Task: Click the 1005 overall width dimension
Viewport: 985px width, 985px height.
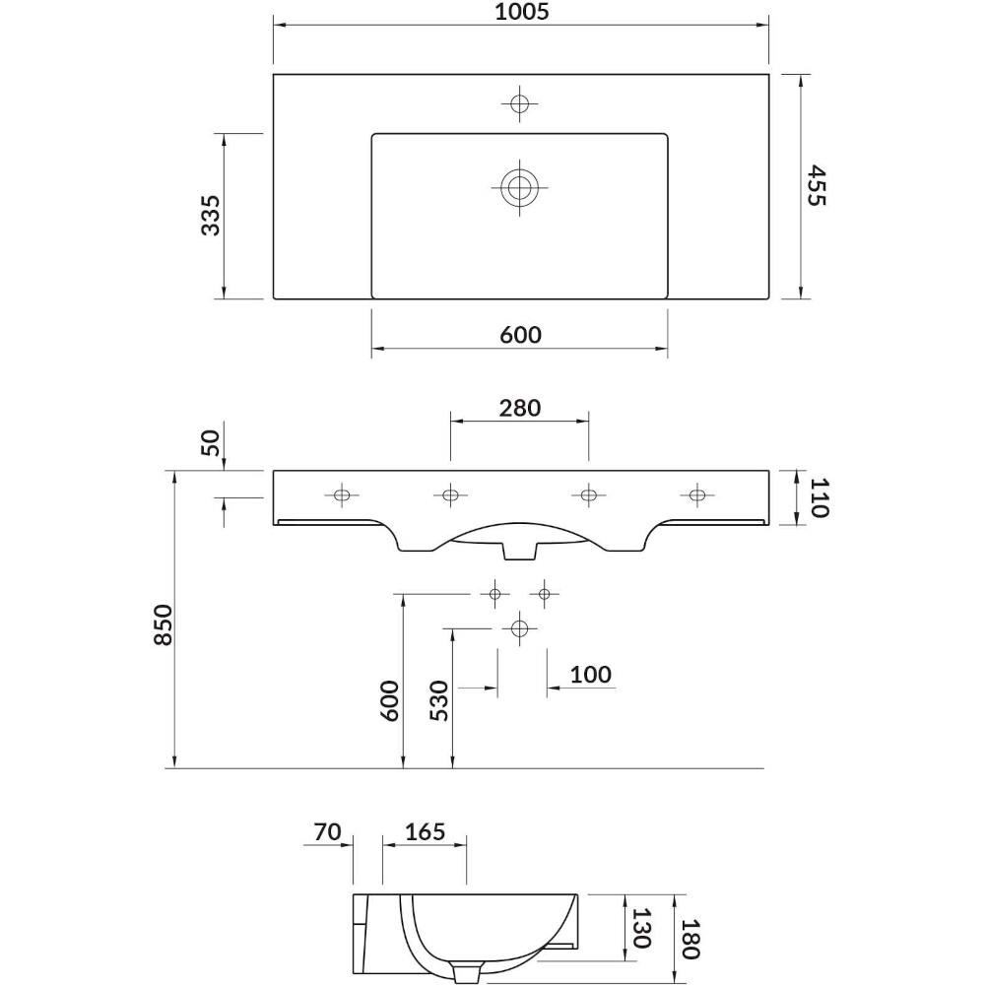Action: click(x=521, y=11)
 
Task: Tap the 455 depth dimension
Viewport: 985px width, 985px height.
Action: click(x=816, y=185)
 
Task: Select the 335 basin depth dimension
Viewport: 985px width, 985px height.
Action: click(x=211, y=216)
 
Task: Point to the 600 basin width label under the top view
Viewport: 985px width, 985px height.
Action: click(x=521, y=335)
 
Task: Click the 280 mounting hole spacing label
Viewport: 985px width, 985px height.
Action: click(x=520, y=409)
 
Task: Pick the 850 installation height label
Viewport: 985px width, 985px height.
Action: click(x=163, y=624)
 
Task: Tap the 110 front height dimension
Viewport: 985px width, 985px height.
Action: click(x=820, y=497)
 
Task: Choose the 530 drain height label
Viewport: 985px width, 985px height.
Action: click(x=439, y=700)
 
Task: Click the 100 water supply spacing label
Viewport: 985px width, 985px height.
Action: click(x=590, y=675)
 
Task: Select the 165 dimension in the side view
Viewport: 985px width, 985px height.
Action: click(x=426, y=831)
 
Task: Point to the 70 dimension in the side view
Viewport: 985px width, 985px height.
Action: click(x=327, y=831)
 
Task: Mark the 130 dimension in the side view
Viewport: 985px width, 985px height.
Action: click(x=641, y=928)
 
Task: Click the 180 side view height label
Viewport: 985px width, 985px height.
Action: click(x=690, y=939)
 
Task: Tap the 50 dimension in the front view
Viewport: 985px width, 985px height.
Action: click(x=211, y=443)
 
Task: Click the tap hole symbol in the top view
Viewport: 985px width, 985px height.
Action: click(x=519, y=103)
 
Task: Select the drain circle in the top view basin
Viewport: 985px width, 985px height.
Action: click(x=519, y=186)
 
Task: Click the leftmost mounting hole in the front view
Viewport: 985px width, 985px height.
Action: click(x=342, y=495)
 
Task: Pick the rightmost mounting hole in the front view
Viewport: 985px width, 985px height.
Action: click(x=696, y=495)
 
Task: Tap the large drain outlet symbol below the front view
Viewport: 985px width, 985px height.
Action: click(x=519, y=627)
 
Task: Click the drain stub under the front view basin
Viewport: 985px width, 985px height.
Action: click(x=519, y=551)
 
